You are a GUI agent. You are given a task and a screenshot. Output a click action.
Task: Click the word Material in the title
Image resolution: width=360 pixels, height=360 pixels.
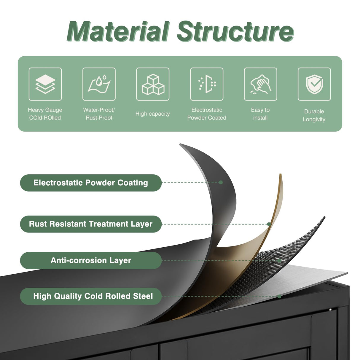pyautogui.click(x=118, y=31)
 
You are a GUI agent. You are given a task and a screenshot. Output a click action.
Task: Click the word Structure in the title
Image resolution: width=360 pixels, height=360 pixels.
pyautogui.click(x=235, y=31)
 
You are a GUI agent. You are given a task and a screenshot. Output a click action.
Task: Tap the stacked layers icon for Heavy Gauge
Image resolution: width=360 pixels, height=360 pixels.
pyautogui.click(x=45, y=84)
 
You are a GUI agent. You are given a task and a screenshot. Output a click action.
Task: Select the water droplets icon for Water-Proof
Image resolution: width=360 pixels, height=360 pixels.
pyautogui.click(x=99, y=84)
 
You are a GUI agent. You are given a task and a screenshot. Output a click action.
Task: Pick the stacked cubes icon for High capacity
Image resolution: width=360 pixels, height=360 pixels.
pyautogui.click(x=153, y=84)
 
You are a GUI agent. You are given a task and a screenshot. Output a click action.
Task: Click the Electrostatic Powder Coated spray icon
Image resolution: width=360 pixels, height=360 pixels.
pyautogui.click(x=207, y=84)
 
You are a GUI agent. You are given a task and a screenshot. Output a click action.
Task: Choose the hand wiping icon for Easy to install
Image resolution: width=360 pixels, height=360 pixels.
pyautogui.click(x=260, y=84)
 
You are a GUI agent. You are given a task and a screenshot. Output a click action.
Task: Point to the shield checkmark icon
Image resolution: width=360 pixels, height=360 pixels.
pyautogui.click(x=314, y=84)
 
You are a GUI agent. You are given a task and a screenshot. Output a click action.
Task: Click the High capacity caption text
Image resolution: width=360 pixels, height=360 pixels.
pyautogui.click(x=153, y=114)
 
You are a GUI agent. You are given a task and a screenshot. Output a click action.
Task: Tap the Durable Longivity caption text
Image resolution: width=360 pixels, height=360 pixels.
pyautogui.click(x=314, y=115)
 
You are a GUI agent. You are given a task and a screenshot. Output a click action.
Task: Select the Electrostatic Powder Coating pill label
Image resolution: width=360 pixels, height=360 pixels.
pyautogui.click(x=91, y=183)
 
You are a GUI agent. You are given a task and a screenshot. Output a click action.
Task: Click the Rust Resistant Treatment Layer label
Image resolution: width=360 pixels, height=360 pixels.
pyautogui.click(x=91, y=224)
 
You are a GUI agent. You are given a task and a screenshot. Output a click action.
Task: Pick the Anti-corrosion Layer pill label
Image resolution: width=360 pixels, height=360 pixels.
pyautogui.click(x=91, y=260)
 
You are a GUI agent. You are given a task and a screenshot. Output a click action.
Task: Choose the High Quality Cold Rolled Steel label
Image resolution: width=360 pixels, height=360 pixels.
pyautogui.click(x=91, y=296)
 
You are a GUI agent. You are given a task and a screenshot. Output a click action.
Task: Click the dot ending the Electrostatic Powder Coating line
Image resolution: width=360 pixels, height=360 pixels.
pyautogui.click(x=221, y=182)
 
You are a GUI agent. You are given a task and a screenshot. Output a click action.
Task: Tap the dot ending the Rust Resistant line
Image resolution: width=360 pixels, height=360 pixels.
pyautogui.click(x=269, y=224)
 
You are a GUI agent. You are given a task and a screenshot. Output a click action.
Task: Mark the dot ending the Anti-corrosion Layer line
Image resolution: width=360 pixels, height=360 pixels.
pyautogui.click(x=279, y=261)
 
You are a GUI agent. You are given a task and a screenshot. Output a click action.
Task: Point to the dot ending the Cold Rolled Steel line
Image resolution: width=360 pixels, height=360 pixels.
pyautogui.click(x=279, y=296)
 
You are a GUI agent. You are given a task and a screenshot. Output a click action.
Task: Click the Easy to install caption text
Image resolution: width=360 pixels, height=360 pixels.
pyautogui.click(x=260, y=114)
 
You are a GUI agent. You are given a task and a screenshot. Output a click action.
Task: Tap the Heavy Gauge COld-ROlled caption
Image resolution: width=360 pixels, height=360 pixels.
pyautogui.click(x=45, y=114)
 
